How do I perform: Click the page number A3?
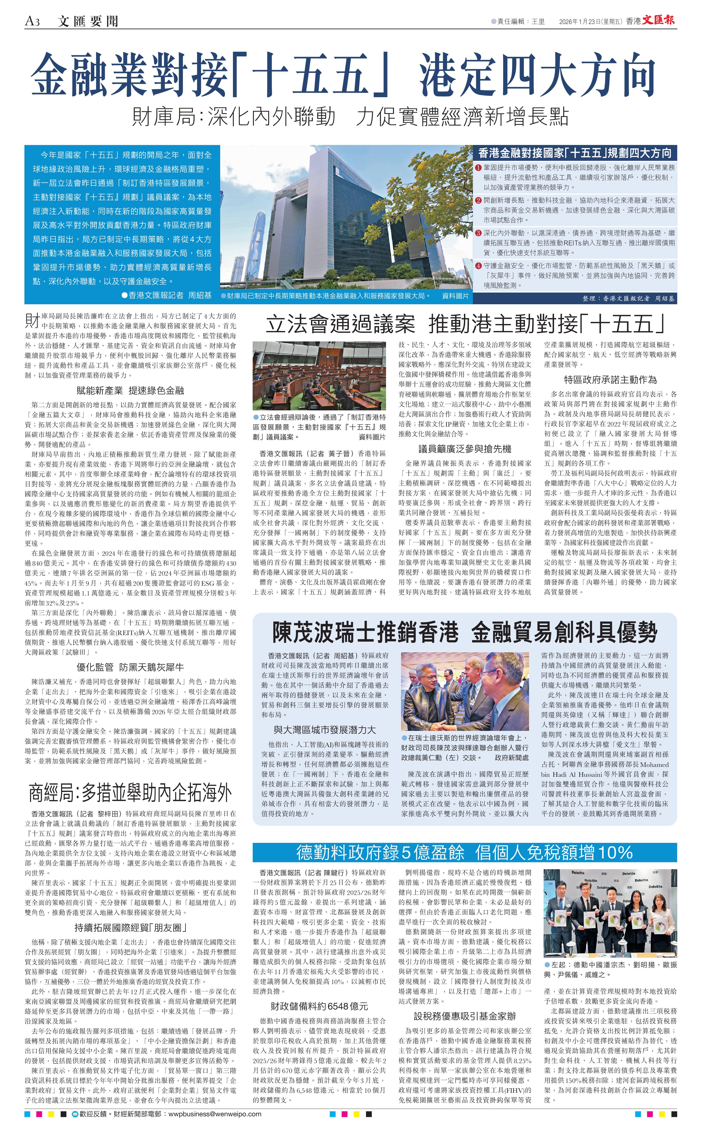[32, 21]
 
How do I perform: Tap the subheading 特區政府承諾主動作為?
[610, 379]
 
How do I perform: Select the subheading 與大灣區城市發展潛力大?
[325, 729]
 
